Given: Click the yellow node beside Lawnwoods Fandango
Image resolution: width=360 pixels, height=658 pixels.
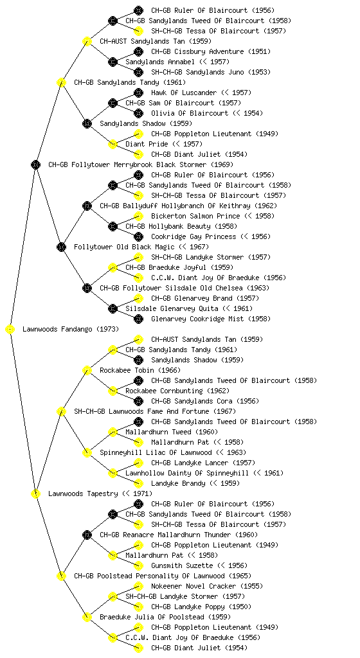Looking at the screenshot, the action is (10, 329).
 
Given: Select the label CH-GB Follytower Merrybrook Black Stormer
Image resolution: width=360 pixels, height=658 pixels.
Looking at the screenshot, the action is (127, 164).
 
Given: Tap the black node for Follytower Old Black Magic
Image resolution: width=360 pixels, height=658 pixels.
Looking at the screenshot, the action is (61, 247).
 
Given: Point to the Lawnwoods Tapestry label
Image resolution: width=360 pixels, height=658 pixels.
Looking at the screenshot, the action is (83, 493).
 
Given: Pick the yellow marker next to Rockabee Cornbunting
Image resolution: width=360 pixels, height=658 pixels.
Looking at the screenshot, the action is (113, 391).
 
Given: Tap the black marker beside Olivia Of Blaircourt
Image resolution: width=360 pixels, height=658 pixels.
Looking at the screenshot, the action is (138, 113).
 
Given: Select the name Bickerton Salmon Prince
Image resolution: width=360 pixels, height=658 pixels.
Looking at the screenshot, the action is (195, 216).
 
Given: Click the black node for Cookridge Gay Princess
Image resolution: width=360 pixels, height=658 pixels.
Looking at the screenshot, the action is (138, 236).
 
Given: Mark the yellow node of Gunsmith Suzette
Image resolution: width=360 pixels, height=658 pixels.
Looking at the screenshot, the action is (138, 565).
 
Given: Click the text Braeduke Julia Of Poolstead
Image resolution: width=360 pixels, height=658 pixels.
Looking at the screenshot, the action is (152, 617).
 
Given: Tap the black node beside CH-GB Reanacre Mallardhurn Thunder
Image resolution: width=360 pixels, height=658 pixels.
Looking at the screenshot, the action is (87, 535).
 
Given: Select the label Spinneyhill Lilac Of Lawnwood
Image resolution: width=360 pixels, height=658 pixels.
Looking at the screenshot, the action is (156, 452).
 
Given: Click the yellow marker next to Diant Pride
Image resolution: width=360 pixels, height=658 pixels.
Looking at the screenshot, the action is (113, 144).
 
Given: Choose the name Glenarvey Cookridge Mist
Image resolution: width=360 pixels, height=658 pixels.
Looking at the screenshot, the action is (197, 319).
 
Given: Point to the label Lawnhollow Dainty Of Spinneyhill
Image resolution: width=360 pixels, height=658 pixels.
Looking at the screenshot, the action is (186, 473).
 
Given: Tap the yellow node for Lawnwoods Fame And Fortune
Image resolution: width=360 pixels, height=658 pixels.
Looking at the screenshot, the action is (61, 411).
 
